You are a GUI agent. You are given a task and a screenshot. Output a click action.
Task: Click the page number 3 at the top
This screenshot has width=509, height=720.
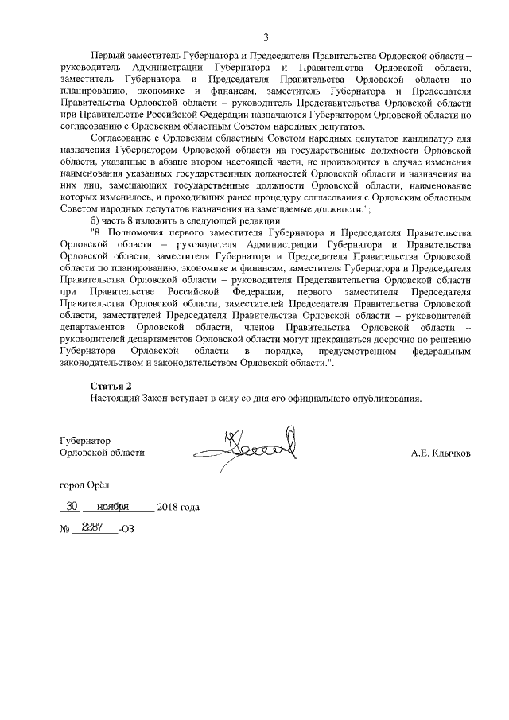tap(266, 37)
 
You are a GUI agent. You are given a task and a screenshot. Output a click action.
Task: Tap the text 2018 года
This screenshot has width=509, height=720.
tap(179, 507)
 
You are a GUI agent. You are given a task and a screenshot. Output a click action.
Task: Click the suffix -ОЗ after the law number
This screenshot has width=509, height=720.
tap(126, 529)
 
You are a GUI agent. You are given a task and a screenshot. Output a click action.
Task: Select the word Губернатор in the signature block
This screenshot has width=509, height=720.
tap(85, 441)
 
